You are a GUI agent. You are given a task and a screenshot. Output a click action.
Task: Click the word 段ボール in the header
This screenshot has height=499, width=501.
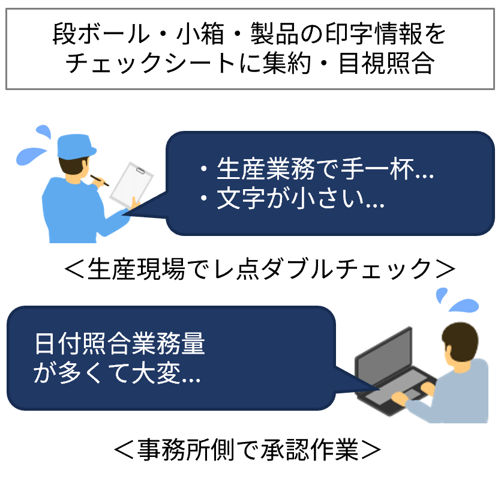tap(101, 34)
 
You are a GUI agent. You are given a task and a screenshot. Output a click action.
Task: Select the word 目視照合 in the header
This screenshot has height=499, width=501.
tap(386, 62)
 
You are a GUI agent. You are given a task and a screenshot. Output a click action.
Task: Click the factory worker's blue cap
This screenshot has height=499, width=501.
tap(76, 147)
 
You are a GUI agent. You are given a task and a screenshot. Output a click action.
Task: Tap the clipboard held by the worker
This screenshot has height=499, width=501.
tap(131, 185)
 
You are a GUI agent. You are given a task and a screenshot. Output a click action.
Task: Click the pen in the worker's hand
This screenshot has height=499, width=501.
tap(100, 180)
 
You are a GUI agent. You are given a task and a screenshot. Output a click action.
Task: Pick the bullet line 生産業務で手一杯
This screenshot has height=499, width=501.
tap(316, 169)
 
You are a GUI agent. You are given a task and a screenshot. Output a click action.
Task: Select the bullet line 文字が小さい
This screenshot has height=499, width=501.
tap(292, 198)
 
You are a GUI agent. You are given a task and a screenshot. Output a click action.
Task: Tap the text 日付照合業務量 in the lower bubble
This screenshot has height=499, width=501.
tap(120, 343)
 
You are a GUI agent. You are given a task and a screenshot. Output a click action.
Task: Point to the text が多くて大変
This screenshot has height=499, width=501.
tap(117, 373)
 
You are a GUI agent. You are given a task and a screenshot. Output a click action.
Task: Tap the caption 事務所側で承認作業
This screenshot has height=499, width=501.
tap(247, 449)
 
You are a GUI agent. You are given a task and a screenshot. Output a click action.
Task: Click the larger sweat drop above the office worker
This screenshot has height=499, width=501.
tap(464, 305)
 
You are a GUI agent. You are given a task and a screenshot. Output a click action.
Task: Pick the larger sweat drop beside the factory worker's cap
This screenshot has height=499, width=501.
tap(31, 156)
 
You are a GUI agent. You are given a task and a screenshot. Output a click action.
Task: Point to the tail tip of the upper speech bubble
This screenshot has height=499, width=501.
tap(122, 214)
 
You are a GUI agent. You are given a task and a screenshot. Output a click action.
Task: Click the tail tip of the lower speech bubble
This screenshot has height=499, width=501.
tap(380, 389)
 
